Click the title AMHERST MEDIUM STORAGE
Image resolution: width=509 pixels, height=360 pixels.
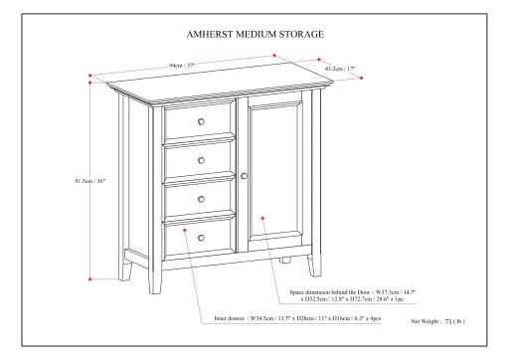[254, 30]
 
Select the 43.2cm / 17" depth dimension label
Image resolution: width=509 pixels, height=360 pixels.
[341, 69]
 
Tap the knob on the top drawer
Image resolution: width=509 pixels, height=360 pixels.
[200, 121]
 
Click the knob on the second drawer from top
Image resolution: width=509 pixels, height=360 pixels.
[200, 160]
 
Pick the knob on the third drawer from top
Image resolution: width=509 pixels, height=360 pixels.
[200, 199]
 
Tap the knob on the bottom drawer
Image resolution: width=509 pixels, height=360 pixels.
[200, 238]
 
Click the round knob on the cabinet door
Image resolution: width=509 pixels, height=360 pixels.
[244, 176]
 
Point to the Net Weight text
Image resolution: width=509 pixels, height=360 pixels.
[438, 322]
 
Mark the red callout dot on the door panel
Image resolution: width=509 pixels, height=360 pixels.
[262, 217]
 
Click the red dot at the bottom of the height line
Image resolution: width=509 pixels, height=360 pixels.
[91, 281]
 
